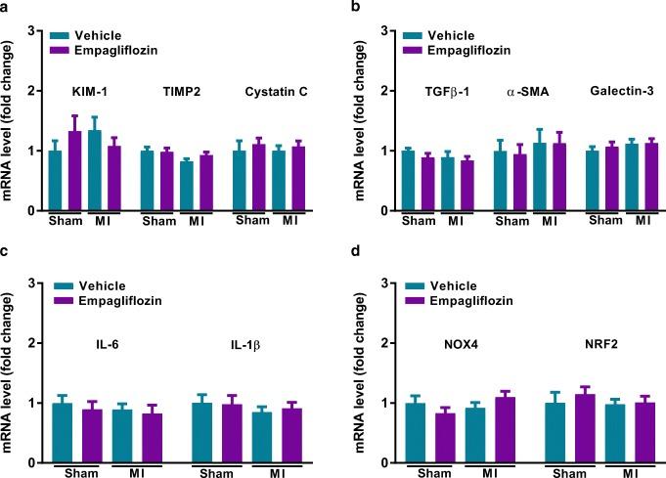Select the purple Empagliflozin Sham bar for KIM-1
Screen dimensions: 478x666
(x=74, y=172)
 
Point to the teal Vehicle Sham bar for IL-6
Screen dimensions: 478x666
(x=63, y=433)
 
